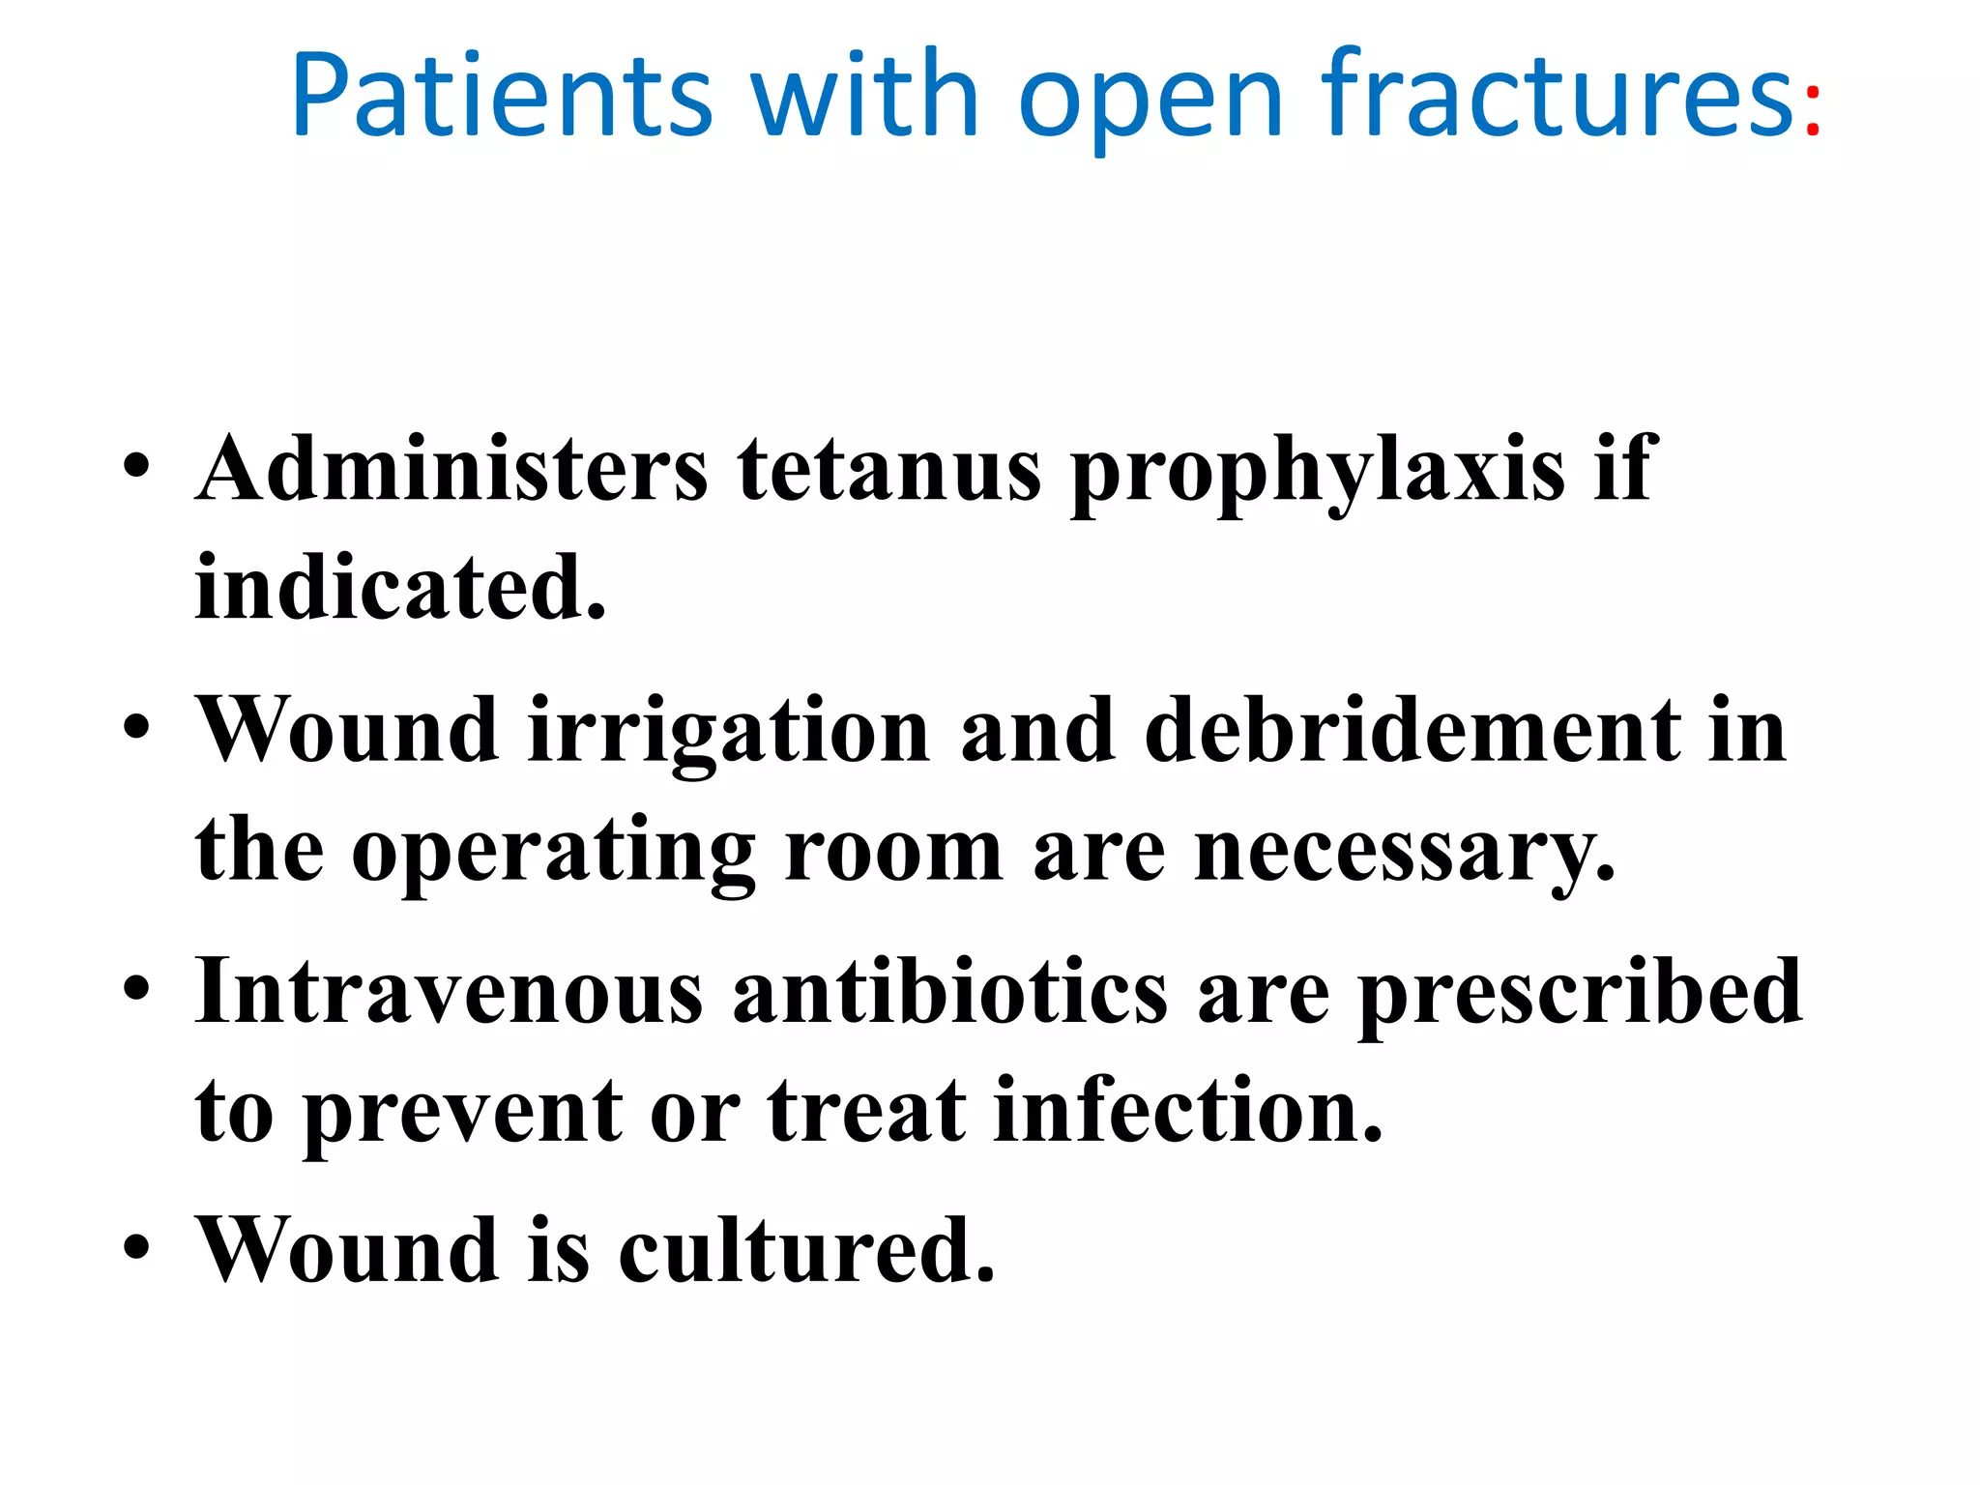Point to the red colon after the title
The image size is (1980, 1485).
click(x=1812, y=111)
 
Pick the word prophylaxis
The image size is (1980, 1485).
click(x=1318, y=474)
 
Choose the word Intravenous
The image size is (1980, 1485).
click(x=450, y=991)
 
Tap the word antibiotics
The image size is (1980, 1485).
click(x=950, y=991)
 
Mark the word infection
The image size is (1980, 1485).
click(x=1188, y=1112)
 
